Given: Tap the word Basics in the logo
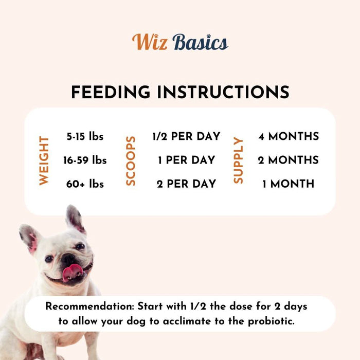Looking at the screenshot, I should tap(200, 42).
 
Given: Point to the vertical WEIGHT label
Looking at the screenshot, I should tap(44, 160).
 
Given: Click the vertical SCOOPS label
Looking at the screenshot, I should tap(131, 160).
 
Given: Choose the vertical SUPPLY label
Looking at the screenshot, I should tap(238, 160).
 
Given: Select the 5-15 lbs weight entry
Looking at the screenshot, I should tap(85, 137).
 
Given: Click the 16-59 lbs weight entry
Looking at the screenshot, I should tap(85, 160).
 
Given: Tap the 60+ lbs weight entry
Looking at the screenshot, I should tap(85, 184).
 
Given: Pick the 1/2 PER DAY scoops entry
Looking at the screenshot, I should tap(186, 137).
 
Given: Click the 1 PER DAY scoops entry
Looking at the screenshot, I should tap(186, 160).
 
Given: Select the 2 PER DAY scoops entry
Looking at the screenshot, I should tap(186, 184).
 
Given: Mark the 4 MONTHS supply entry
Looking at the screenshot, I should tap(288, 137).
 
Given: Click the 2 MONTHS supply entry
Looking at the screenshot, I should tap(288, 160).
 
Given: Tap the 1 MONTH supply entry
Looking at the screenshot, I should tap(288, 184).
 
